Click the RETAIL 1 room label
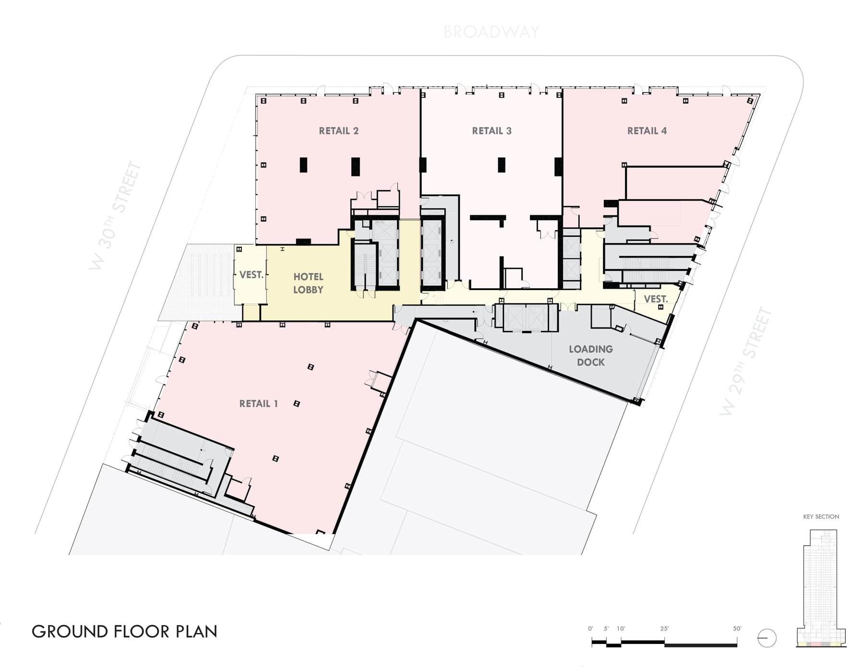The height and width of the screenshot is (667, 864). click(259, 404)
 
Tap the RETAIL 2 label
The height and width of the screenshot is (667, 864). click(339, 131)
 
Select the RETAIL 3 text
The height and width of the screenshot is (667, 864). click(492, 131)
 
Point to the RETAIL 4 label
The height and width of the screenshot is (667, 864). click(647, 131)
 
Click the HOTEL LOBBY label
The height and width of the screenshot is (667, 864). click(308, 283)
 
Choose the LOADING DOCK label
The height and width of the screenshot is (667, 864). click(591, 355)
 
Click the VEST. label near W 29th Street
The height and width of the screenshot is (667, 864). click(656, 299)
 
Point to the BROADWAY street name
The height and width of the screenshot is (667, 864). click(491, 32)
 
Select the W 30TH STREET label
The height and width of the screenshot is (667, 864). click(116, 216)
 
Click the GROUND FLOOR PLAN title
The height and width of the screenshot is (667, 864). click(125, 632)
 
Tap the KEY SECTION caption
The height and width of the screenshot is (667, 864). click(821, 516)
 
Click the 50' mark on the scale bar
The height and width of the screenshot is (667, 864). click(737, 629)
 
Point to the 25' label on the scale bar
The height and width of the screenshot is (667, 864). click(664, 629)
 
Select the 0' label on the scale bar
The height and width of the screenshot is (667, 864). click(591, 629)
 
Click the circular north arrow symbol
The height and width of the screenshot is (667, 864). click(767, 638)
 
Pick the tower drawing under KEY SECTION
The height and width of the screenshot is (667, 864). click(821, 588)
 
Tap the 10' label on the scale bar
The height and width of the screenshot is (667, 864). click(621, 629)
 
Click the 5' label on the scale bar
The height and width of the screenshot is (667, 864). click(606, 629)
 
